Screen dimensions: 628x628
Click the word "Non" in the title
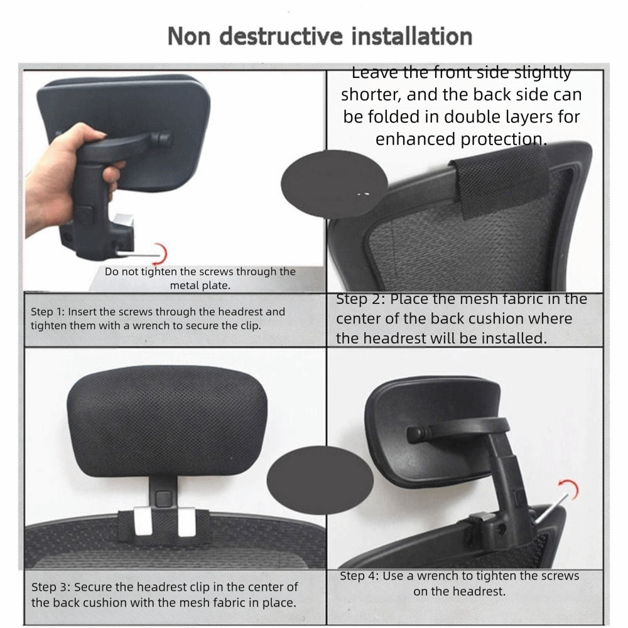[189, 36]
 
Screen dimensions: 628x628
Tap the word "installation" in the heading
[412, 36]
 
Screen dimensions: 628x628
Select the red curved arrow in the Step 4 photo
[572, 489]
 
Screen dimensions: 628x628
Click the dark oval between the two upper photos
[335, 185]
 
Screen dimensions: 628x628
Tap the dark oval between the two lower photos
[320, 480]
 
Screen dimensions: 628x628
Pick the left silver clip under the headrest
[143, 521]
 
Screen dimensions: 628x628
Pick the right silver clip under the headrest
[187, 521]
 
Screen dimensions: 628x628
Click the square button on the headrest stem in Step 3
[163, 499]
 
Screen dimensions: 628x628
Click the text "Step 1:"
[48, 312]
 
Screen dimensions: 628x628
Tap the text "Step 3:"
[50, 587]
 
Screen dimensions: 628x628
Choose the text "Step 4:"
[359, 576]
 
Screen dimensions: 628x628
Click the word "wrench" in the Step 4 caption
[438, 576]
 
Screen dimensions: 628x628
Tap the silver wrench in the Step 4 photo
[551, 509]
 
